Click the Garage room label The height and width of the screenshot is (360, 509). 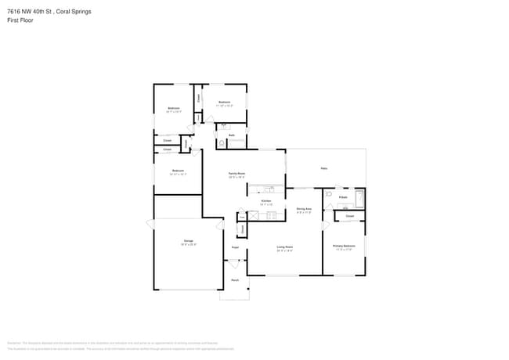189,241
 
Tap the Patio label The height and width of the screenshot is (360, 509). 323,168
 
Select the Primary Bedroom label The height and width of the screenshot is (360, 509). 344,247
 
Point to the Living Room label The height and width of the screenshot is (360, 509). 284,247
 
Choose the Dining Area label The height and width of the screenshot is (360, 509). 304,209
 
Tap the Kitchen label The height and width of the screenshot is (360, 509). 266,201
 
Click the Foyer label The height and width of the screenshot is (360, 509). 234,248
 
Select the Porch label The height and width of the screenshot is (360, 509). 234,280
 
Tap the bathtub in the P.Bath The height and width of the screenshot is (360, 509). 359,197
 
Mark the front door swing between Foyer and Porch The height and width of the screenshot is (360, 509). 234,266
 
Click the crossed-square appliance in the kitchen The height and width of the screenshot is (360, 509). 254,214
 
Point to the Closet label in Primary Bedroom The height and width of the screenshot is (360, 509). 350,216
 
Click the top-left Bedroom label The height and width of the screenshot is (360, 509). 174,109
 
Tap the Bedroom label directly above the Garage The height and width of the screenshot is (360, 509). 178,171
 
